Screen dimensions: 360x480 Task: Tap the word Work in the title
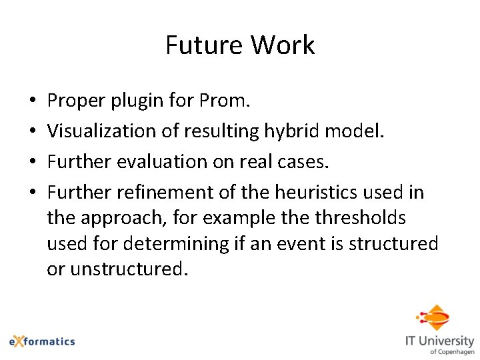tap(283, 45)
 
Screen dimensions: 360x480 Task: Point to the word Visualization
tap(102, 132)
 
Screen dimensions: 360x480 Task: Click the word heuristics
tap(299, 193)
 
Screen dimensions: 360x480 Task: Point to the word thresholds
tap(360, 218)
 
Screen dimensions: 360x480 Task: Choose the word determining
tap(174, 243)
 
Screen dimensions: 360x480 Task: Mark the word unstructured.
tap(127, 269)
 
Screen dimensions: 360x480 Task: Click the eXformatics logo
tap(42, 341)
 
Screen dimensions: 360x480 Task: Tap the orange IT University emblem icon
tap(435, 317)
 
